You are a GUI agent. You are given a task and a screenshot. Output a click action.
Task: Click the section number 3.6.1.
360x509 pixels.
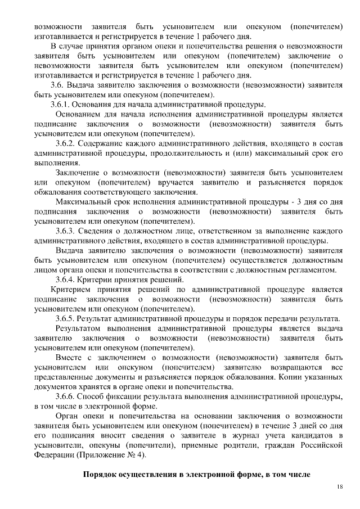(x=62, y=105)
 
